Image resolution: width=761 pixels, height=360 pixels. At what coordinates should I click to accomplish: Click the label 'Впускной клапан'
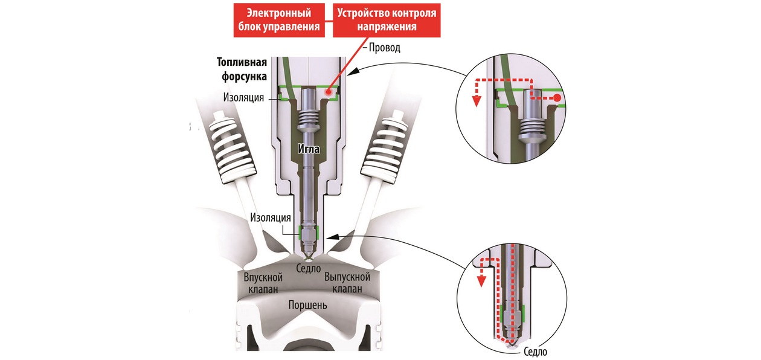(x=263, y=283)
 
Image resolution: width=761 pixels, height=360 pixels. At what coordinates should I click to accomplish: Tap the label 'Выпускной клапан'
(x=347, y=283)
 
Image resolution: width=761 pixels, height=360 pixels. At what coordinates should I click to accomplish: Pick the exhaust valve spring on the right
(x=385, y=144)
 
